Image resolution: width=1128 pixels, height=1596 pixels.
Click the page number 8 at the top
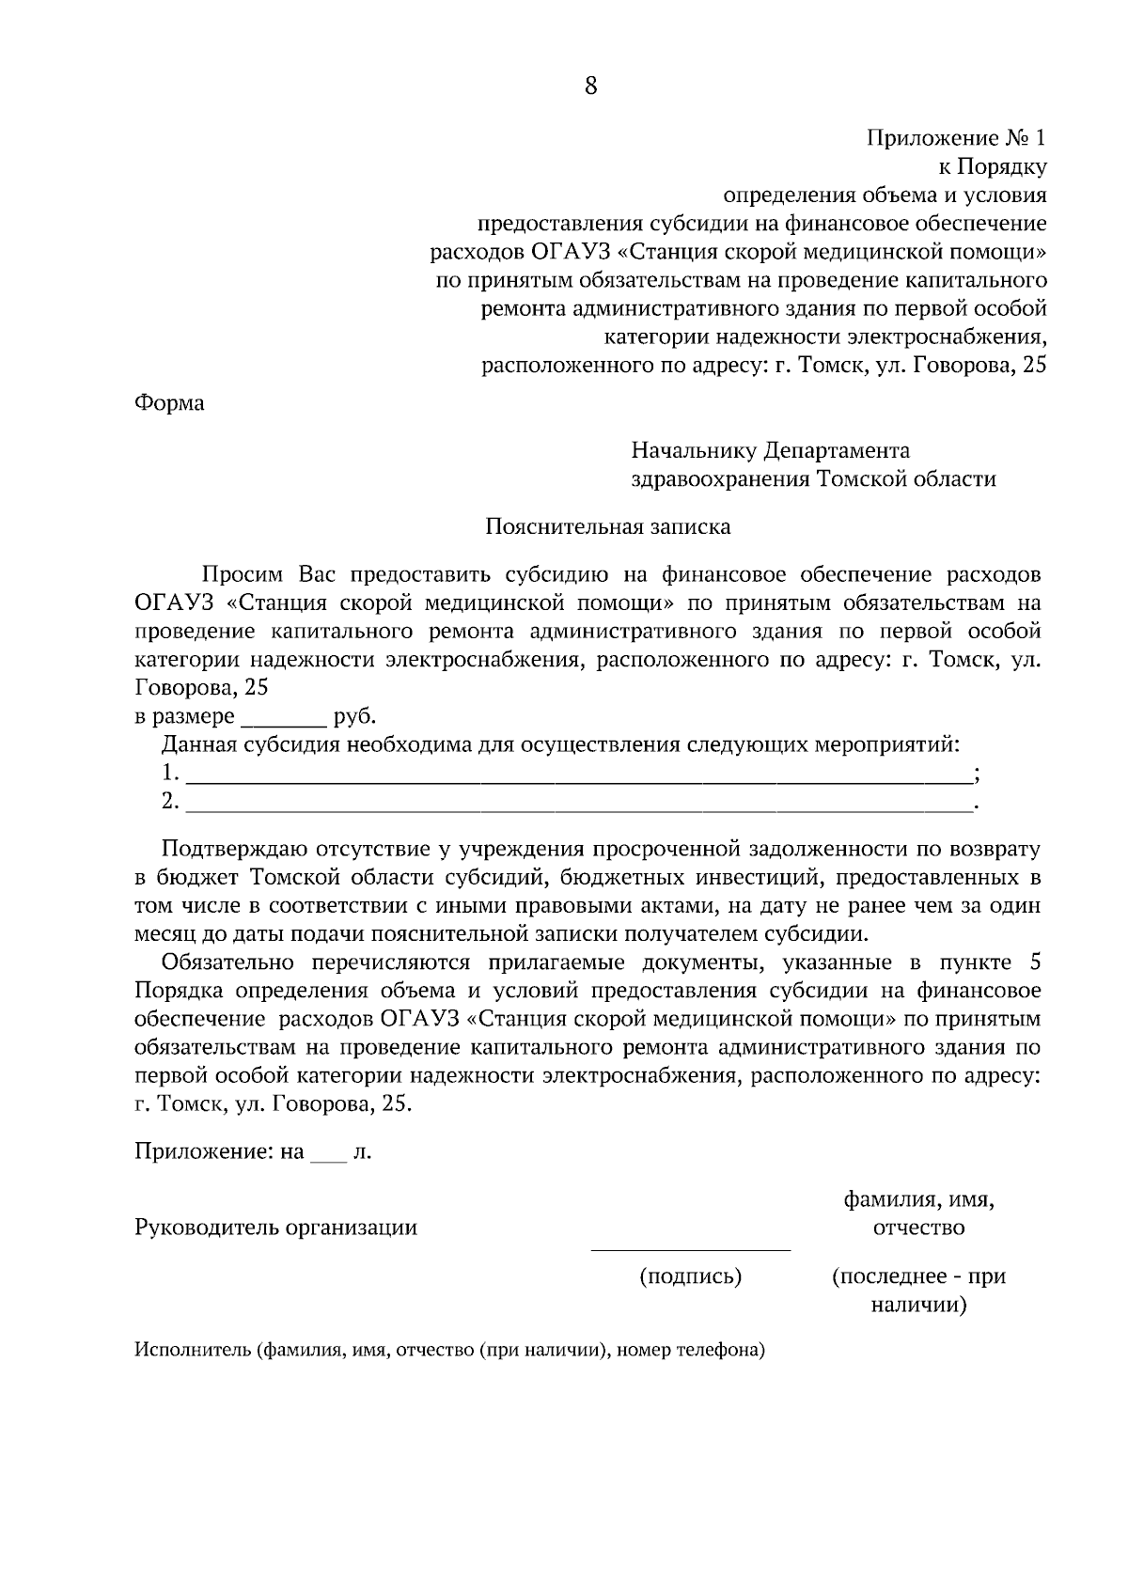coord(590,86)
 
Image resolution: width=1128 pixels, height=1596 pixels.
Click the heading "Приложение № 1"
coord(955,139)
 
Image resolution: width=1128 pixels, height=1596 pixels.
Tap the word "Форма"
coord(169,404)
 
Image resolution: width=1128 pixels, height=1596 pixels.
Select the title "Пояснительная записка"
coord(607,526)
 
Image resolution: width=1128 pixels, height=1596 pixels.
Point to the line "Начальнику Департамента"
coord(770,451)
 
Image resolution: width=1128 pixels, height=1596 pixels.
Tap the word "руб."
coord(354,717)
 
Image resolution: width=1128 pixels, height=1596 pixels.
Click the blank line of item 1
coord(579,776)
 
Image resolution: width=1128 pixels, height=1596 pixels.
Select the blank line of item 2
coord(579,805)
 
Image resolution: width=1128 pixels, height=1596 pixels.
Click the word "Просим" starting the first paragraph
coord(242,574)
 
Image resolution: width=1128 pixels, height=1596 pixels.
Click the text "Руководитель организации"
coord(275,1228)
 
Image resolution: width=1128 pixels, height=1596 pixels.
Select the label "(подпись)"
coord(691,1276)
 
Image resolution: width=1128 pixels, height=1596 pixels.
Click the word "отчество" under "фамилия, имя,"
coord(918,1228)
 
